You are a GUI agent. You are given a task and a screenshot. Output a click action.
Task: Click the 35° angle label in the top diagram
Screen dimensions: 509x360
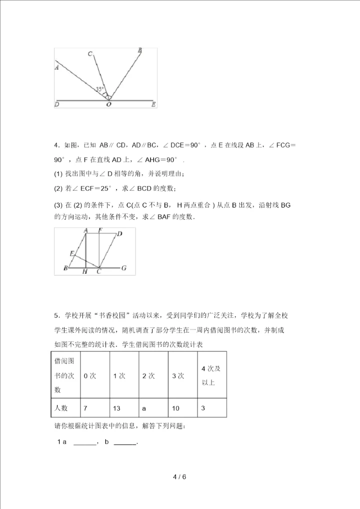100,89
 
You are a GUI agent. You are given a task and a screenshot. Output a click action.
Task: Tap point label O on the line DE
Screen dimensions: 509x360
108,105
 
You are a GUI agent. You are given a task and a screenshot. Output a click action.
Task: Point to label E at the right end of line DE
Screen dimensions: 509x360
153,104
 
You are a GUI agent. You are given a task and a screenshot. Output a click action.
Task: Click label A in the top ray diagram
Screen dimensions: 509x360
57,67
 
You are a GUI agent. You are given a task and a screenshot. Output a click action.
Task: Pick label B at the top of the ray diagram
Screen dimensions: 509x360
139,50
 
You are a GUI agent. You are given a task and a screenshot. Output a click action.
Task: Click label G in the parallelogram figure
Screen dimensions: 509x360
123,268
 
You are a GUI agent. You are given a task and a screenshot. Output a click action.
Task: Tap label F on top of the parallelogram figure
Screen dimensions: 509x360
100,231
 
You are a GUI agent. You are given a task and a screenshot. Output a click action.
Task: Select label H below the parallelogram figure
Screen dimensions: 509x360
85,271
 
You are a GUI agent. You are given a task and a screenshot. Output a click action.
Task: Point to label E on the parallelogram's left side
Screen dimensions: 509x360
72,253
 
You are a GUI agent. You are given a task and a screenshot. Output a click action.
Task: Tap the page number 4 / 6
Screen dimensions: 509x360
179,476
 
